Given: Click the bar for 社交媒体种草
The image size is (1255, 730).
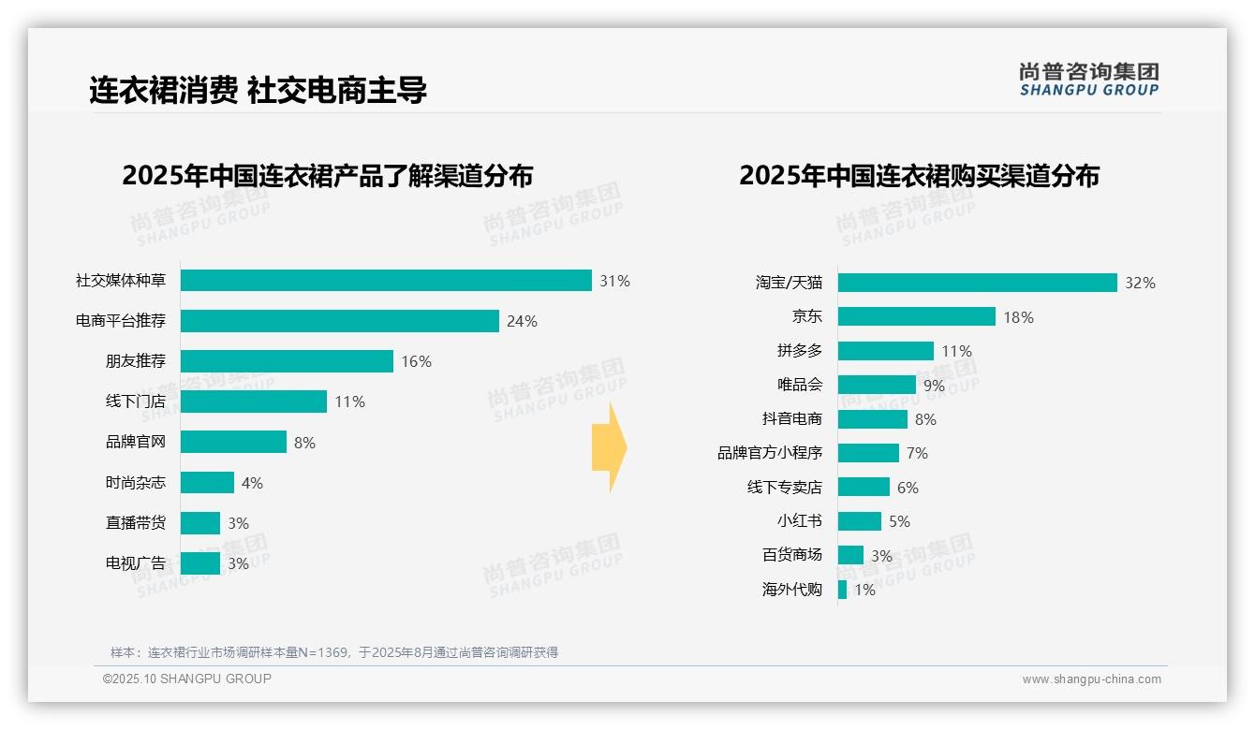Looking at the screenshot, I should click(386, 281).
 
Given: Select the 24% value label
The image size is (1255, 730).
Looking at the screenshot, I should click(522, 321).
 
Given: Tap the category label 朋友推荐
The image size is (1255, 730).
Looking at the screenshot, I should click(135, 361).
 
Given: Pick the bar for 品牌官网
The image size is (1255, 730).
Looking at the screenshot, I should click(233, 442).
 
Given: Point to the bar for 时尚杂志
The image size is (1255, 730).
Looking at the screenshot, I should click(207, 483).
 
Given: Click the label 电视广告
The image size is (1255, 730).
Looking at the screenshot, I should click(135, 563).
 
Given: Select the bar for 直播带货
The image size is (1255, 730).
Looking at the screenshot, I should click(200, 523).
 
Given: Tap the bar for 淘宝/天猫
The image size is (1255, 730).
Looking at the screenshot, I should click(977, 283).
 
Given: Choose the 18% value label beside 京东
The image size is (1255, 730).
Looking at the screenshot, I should click(1018, 317).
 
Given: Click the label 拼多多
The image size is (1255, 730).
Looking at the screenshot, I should click(799, 351).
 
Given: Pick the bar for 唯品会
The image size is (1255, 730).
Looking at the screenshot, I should click(877, 385).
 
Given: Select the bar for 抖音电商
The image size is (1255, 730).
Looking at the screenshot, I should click(872, 419).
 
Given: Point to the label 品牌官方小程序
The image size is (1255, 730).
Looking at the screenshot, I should click(769, 453).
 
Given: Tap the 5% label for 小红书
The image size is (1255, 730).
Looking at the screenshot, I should click(899, 521).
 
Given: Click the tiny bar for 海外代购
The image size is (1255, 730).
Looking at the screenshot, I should click(842, 590).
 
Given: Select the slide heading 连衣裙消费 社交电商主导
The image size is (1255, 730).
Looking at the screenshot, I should click(258, 91).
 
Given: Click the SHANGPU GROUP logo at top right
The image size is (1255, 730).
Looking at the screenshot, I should click(1088, 80).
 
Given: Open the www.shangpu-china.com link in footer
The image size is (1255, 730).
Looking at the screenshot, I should click(1091, 679).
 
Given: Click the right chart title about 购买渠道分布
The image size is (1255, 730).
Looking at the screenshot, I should click(919, 176).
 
